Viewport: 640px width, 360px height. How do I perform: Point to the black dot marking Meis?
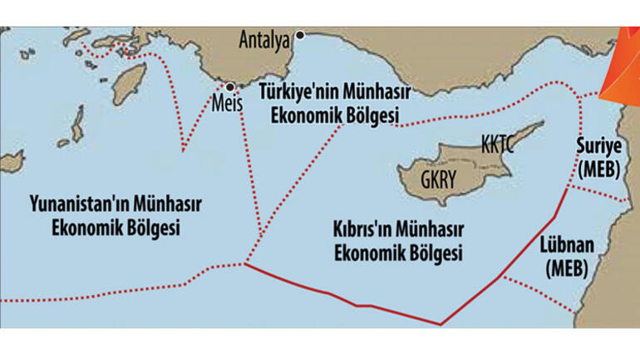pos(229,86)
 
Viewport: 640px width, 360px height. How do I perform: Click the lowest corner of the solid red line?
pos(441,324)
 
